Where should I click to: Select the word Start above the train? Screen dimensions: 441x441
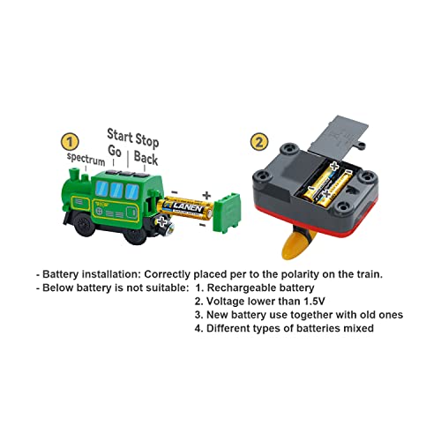[120, 134]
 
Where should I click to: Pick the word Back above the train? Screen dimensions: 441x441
[146, 160]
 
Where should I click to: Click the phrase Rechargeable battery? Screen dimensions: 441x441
[273, 288]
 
